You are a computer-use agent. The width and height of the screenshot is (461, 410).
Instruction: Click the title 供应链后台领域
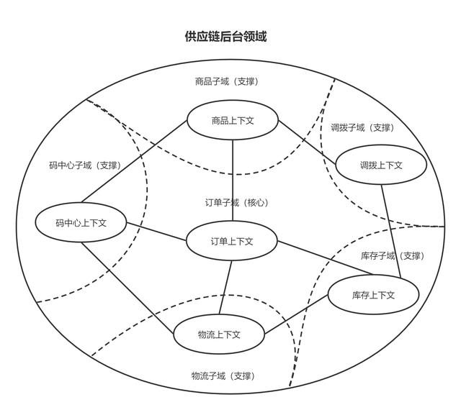[x=225, y=37]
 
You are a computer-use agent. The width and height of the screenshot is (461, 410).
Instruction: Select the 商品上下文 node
[x=232, y=121]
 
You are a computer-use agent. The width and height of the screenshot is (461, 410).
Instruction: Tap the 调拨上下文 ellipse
[x=381, y=165]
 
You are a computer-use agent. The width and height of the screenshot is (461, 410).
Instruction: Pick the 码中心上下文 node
[x=81, y=223]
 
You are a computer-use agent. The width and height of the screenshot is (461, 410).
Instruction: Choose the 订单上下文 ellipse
[x=231, y=242]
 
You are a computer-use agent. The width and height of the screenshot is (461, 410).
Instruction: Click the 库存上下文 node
[x=373, y=295]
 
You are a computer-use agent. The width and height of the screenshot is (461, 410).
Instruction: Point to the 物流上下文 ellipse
[x=219, y=334]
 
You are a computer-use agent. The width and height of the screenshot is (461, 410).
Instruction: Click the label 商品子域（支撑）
[x=226, y=82]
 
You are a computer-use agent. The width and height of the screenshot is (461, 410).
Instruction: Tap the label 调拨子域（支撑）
[x=362, y=128]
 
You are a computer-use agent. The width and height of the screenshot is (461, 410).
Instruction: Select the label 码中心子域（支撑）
[x=85, y=165]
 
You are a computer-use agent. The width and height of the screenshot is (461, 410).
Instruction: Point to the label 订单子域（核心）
[x=236, y=203]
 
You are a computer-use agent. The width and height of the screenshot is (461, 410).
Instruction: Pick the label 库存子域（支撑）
[x=392, y=256]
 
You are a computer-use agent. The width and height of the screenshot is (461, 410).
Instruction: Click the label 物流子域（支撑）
[x=223, y=376]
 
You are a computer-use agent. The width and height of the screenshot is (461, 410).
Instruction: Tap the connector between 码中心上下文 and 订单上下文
[x=157, y=232]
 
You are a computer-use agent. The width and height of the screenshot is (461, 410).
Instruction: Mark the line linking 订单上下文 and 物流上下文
[x=225, y=288]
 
